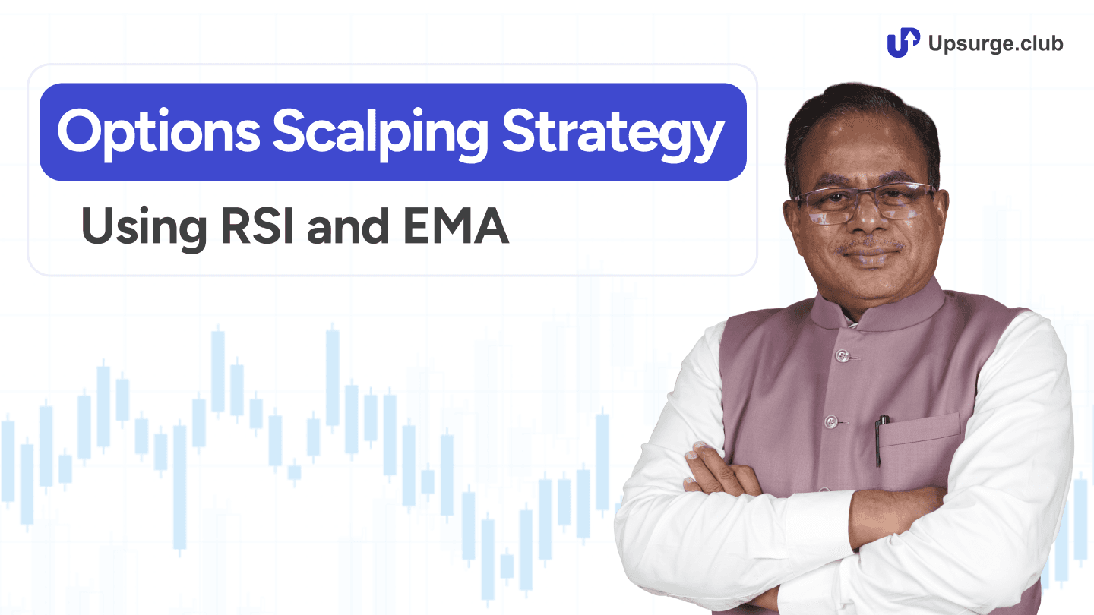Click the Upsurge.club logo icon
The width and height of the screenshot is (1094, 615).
pos(903,43)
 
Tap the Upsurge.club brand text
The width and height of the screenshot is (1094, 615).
pos(996,43)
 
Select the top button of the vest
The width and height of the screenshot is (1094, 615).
pos(841,355)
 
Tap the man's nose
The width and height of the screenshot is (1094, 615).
pos(870,224)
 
